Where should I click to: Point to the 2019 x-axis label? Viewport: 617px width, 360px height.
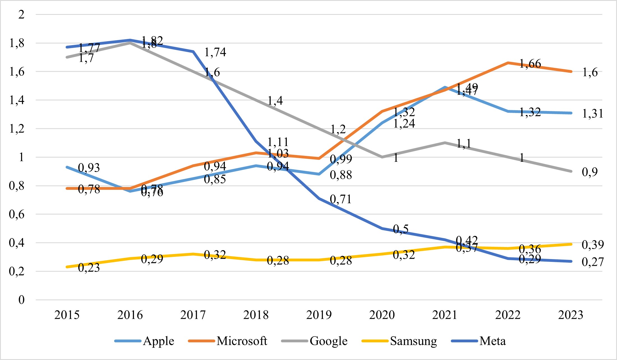pyautogui.click(x=319, y=315)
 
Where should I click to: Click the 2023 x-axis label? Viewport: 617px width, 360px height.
pyautogui.click(x=570, y=315)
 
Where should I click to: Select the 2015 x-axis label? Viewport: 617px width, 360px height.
pyautogui.click(x=67, y=315)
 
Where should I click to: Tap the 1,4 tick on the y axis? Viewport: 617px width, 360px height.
pyautogui.click(x=17, y=100)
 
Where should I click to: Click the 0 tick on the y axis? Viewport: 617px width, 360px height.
pyautogui.click(x=21, y=300)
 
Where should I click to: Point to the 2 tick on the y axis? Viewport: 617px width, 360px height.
pyautogui.click(x=21, y=14)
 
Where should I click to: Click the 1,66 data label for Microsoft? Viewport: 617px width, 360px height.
pyautogui.click(x=530, y=64)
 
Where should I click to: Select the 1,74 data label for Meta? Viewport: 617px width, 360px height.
pyautogui.click(x=215, y=52)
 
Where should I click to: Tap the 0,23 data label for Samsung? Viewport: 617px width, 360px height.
pyautogui.click(x=89, y=268)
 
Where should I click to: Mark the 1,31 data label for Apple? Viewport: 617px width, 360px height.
pyautogui.click(x=592, y=114)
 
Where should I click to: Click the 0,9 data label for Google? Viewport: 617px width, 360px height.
pyautogui.click(x=590, y=172)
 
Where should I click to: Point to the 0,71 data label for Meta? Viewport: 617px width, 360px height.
pyautogui.click(x=341, y=199)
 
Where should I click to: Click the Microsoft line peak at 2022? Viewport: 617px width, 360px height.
pyautogui.click(x=508, y=63)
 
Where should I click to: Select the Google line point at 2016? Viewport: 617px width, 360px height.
pyautogui.click(x=130, y=43)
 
